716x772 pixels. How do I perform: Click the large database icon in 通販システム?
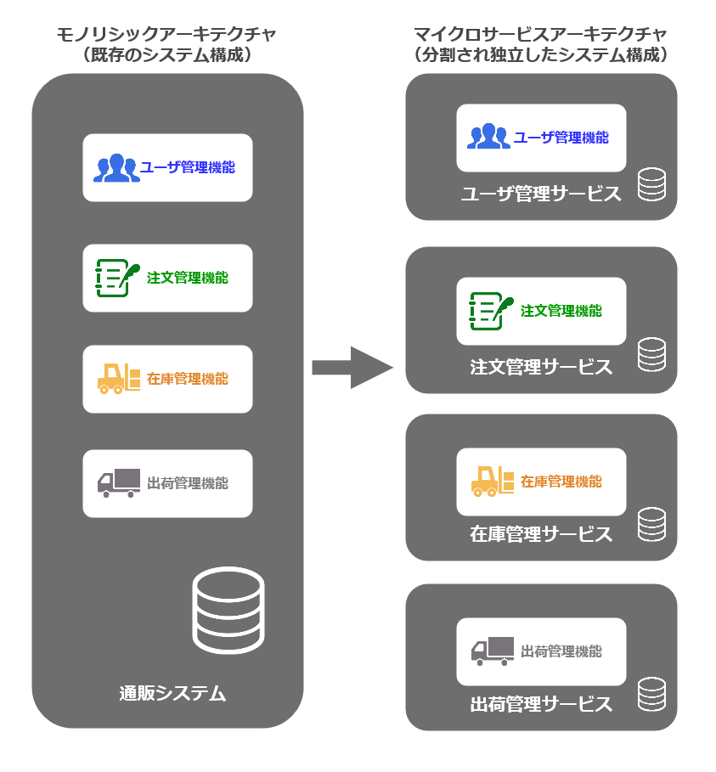(228, 609)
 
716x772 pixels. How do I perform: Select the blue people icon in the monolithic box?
(116, 168)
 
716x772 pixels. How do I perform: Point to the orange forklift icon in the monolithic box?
(119, 379)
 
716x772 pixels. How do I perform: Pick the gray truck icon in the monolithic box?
(119, 483)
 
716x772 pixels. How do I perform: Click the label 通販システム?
(172, 694)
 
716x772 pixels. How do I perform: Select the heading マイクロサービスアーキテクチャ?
(540, 35)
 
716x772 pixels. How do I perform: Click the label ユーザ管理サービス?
(541, 194)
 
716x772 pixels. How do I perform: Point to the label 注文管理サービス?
(541, 367)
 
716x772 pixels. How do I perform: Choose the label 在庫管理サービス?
(541, 534)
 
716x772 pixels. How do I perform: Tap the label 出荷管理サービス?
(541, 704)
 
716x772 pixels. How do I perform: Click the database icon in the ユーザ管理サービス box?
(651, 184)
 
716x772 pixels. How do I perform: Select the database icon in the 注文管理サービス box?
(651, 355)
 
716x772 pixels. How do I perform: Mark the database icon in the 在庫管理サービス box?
(651, 524)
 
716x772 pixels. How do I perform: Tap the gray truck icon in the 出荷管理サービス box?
(493, 651)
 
